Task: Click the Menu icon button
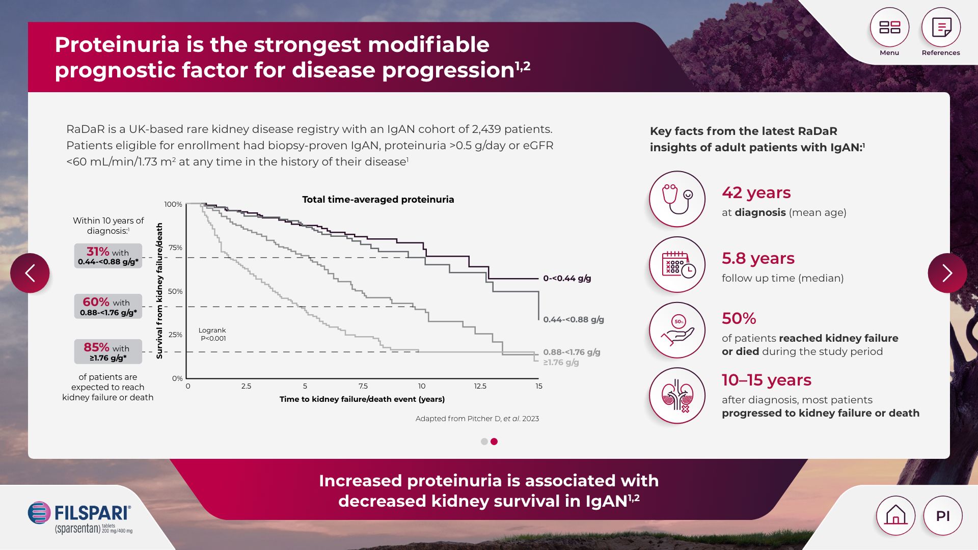(x=889, y=28)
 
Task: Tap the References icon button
(x=941, y=28)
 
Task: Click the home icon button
(x=895, y=515)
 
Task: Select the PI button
(x=943, y=515)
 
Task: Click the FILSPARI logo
(x=80, y=517)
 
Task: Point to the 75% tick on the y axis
(x=175, y=248)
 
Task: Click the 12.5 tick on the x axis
(x=480, y=386)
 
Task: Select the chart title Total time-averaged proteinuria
(x=378, y=200)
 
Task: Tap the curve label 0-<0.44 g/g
(x=567, y=279)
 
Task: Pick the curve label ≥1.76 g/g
(x=561, y=363)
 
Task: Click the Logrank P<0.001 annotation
(x=212, y=335)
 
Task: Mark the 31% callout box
(x=108, y=256)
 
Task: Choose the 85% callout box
(x=108, y=352)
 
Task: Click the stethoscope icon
(x=677, y=199)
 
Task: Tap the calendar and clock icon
(x=677, y=265)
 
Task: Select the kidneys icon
(x=677, y=396)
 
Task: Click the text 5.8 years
(x=758, y=259)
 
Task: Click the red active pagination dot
(x=494, y=442)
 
